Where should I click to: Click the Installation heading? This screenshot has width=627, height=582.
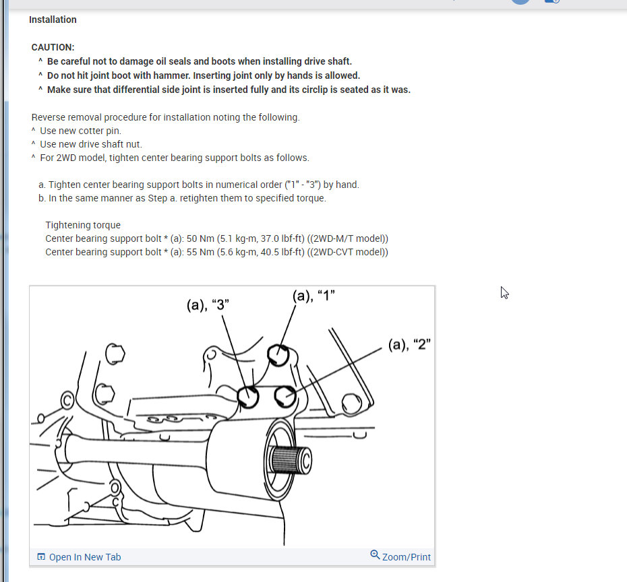tap(53, 20)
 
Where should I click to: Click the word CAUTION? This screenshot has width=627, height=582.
tap(53, 47)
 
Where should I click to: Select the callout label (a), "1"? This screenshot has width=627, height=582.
tap(313, 296)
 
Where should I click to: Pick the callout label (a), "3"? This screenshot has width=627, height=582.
tap(208, 304)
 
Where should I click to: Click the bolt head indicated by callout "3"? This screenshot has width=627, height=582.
tap(248, 397)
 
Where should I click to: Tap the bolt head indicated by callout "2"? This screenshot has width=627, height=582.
tap(286, 396)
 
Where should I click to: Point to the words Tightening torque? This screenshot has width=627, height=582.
tap(83, 225)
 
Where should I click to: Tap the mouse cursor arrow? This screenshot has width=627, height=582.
tap(504, 292)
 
